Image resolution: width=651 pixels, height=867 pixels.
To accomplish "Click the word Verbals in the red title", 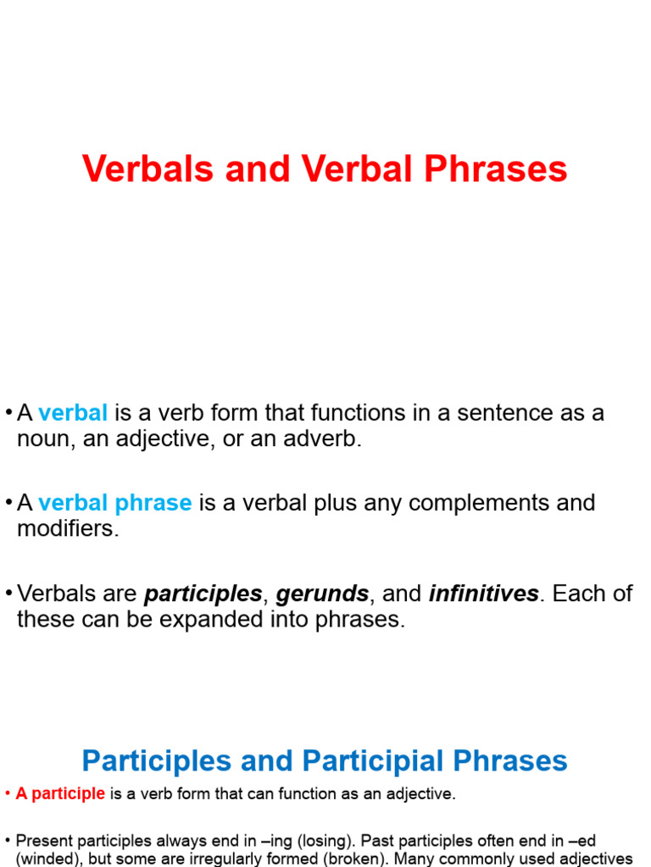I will coord(136,169).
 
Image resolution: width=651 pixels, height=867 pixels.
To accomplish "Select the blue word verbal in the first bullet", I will coord(73,413).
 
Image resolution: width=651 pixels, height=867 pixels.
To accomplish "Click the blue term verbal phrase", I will coord(115,503).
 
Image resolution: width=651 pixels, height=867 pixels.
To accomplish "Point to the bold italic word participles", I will coord(203,594).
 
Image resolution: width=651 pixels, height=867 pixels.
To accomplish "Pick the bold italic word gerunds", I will coord(322,594).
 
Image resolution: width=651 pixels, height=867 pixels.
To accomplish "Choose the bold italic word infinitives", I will coord(483,594).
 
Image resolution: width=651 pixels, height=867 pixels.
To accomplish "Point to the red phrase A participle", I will coord(60,794).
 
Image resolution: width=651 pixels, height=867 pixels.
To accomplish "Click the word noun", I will coord(46,439).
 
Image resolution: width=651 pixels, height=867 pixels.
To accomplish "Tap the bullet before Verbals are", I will coord(8,594).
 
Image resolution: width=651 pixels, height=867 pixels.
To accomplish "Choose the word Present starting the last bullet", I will coord(42,841).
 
